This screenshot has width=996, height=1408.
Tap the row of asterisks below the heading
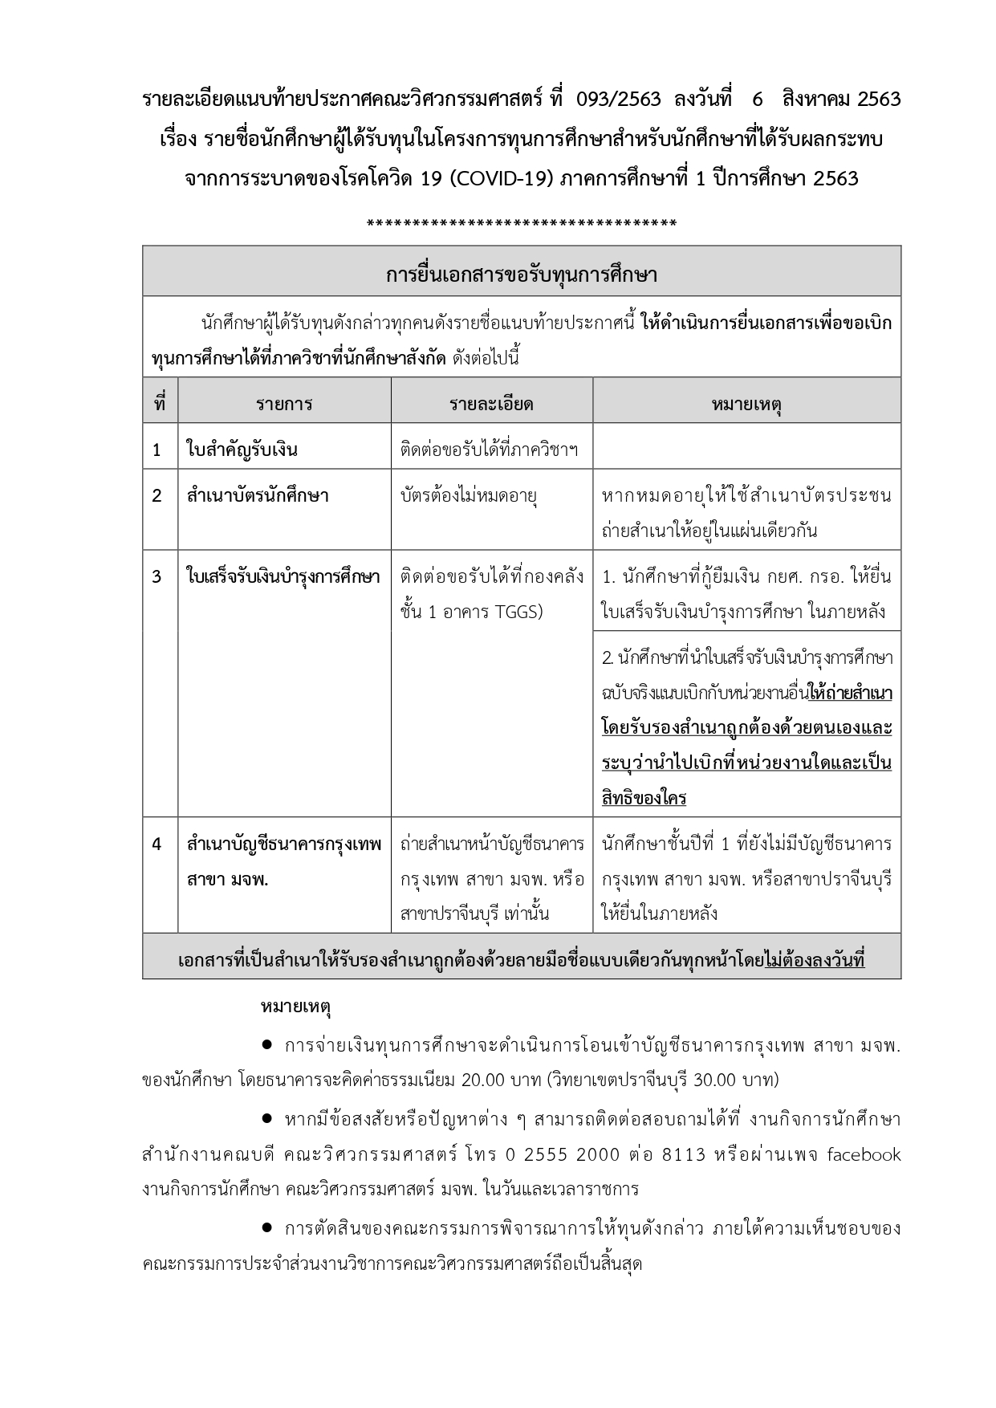(521, 223)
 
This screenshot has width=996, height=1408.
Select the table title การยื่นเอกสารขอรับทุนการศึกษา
(521, 275)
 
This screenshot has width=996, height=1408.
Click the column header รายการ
(284, 404)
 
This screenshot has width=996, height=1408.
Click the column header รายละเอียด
(491, 404)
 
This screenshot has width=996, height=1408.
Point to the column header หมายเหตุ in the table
(746, 404)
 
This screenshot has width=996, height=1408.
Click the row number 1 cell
(157, 450)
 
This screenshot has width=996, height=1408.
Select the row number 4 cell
(157, 844)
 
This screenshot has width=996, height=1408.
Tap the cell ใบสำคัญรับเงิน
(242, 450)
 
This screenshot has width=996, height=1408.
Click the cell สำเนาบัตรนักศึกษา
(258, 496)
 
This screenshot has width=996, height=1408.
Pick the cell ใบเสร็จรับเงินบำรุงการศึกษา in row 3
(283, 577)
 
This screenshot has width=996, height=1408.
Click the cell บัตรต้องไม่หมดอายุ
(469, 496)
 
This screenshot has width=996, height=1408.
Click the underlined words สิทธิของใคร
(644, 799)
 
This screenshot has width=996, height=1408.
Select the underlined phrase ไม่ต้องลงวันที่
(814, 960)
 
